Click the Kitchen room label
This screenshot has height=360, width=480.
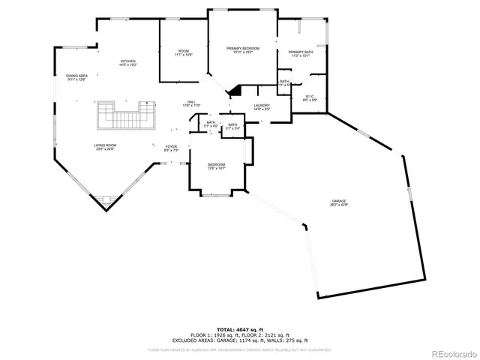tap(128, 61)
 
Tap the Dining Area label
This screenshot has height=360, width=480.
tap(76, 76)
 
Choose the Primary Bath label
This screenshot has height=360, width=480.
tap(300, 52)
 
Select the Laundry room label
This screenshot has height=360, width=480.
tap(261, 106)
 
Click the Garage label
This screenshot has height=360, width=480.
tap(340, 201)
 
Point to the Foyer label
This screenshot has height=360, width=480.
tap(172, 147)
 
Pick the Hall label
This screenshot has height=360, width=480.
tap(192, 102)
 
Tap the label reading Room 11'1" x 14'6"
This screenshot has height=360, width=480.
tap(184, 52)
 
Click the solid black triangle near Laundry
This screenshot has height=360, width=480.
tap(235, 91)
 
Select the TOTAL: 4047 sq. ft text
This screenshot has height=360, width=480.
tap(239, 329)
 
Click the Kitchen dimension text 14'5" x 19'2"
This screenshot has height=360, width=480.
tap(128, 64)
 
